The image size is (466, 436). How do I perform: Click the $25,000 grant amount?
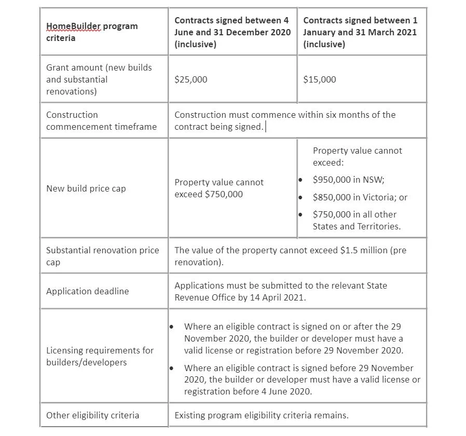click(190, 79)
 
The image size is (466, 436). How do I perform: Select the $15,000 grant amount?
click(319, 79)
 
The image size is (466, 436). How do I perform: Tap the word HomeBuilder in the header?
click(70, 26)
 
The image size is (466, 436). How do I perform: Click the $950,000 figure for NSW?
click(333, 180)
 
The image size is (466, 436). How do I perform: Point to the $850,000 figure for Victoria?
click(333, 197)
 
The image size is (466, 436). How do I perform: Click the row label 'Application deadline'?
click(87, 291)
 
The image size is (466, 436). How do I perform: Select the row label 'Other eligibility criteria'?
click(92, 415)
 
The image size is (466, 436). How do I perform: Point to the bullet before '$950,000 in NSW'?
click(300, 180)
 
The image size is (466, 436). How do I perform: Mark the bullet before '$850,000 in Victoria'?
click(300, 197)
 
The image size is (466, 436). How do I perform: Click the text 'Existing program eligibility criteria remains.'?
click(262, 415)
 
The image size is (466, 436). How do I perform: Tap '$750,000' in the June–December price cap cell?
click(224, 194)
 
